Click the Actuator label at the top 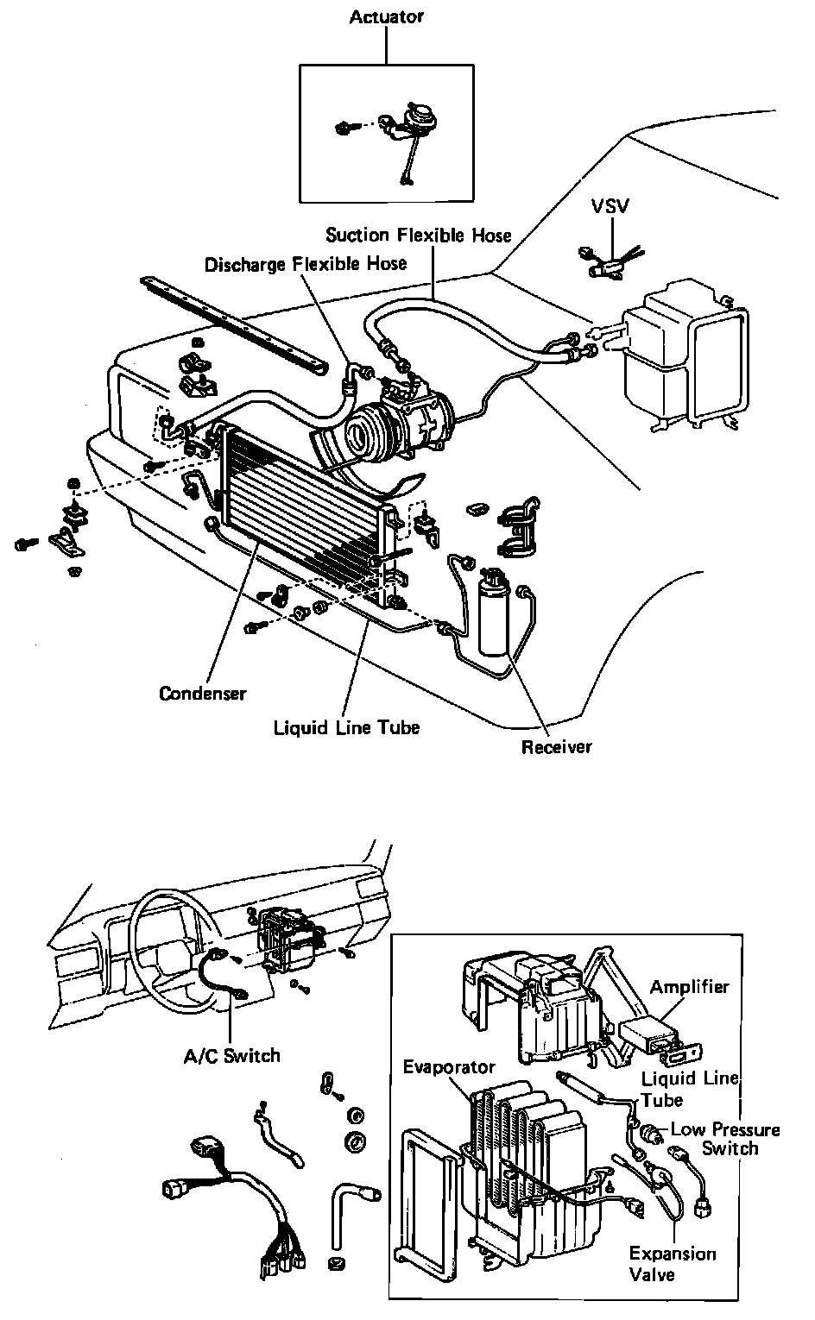(x=386, y=17)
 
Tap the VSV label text (x=610, y=206)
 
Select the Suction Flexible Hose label (x=419, y=235)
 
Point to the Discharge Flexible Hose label (x=306, y=263)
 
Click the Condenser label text (x=203, y=694)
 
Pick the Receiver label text (x=557, y=746)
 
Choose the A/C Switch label (x=232, y=1055)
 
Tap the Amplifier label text (x=689, y=987)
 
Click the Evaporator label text (x=449, y=1067)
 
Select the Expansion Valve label (x=673, y=1264)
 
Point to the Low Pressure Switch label (x=725, y=1139)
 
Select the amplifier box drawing (x=649, y=1034)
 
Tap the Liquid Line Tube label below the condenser (x=346, y=727)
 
